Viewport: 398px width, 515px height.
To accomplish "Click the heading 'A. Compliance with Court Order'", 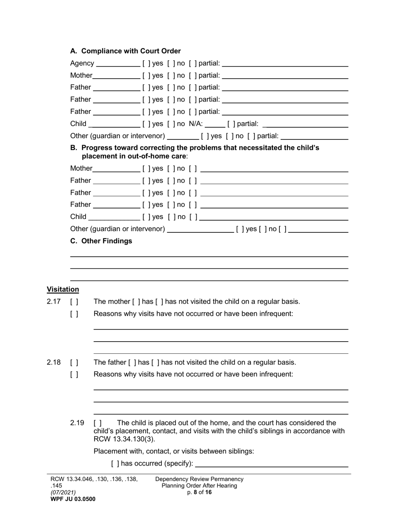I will pyautogui.click(x=125, y=51).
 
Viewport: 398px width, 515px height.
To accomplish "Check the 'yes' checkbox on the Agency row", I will pyautogui.click(x=145, y=64).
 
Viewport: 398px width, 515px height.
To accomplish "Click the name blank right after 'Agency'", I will pyautogui.click(x=118, y=64).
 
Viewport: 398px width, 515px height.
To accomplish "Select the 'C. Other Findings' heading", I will pyautogui.click(x=101, y=241).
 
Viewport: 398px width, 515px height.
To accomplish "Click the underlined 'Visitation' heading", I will pyautogui.click(x=63, y=289).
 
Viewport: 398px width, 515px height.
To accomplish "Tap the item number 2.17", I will pyautogui.click(x=54, y=301).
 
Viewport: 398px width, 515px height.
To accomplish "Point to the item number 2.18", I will pyautogui.click(x=54, y=362).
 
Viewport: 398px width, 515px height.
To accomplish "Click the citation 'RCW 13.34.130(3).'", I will pyautogui.click(x=124, y=439).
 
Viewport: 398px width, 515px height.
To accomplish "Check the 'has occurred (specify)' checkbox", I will pyautogui.click(x=115, y=463).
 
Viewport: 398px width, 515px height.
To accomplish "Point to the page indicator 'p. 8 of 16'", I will pyautogui.click(x=199, y=492).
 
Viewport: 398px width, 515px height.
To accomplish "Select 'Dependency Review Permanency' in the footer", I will pyautogui.click(x=199, y=479).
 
